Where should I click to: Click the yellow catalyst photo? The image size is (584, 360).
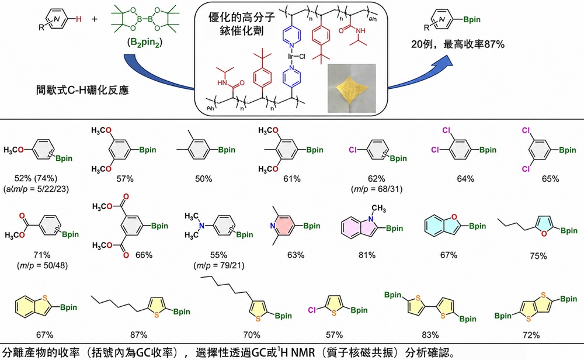352,88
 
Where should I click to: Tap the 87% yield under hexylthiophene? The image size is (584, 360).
138,335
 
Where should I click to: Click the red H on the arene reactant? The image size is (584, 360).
79,19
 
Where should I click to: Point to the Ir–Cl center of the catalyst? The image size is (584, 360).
297,57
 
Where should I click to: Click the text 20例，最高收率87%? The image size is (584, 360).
458,44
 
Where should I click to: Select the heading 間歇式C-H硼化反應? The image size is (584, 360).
82,90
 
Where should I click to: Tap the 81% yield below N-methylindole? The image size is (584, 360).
367,255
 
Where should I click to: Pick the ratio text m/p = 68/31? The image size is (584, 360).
377,189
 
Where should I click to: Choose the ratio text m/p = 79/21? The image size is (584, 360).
218,266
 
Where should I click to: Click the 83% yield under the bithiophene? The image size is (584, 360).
430,335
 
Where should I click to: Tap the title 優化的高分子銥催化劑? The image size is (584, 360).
242,23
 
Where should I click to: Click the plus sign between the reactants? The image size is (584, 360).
95,19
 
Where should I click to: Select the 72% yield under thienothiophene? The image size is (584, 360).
531,335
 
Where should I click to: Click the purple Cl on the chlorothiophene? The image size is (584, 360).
312,310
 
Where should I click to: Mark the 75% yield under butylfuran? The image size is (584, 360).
538,256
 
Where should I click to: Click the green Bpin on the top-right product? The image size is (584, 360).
471,20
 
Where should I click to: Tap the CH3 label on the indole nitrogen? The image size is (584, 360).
379,208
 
